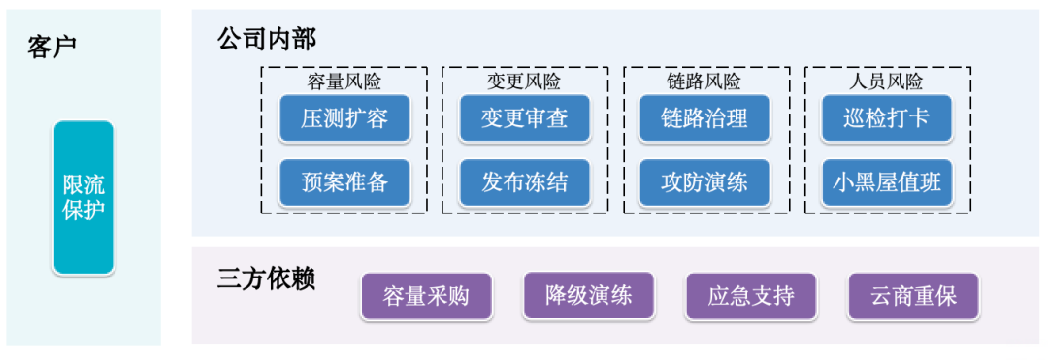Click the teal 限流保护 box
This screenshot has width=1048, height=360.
83,197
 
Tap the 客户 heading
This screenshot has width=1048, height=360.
52,46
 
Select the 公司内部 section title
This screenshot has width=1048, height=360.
267,39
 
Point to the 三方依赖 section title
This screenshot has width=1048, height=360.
267,278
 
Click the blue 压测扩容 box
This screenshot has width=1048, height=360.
344,119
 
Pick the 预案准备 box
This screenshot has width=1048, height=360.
344,182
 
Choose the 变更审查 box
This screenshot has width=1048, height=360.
525,119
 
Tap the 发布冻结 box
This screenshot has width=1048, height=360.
525,182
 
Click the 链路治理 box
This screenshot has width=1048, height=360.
705,119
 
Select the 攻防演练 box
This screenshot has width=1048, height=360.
705,182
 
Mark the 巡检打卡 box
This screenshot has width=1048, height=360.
887,119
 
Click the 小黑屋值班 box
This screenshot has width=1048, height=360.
887,182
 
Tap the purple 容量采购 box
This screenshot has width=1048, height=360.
426,296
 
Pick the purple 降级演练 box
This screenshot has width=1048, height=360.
589,296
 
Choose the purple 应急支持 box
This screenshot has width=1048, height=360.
751,296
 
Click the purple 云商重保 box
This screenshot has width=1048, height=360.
913,296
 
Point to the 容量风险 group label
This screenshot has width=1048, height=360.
343,81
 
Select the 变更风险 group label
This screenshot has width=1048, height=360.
524,81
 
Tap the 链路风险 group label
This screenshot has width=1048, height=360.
704,81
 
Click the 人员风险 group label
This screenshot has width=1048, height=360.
886,81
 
